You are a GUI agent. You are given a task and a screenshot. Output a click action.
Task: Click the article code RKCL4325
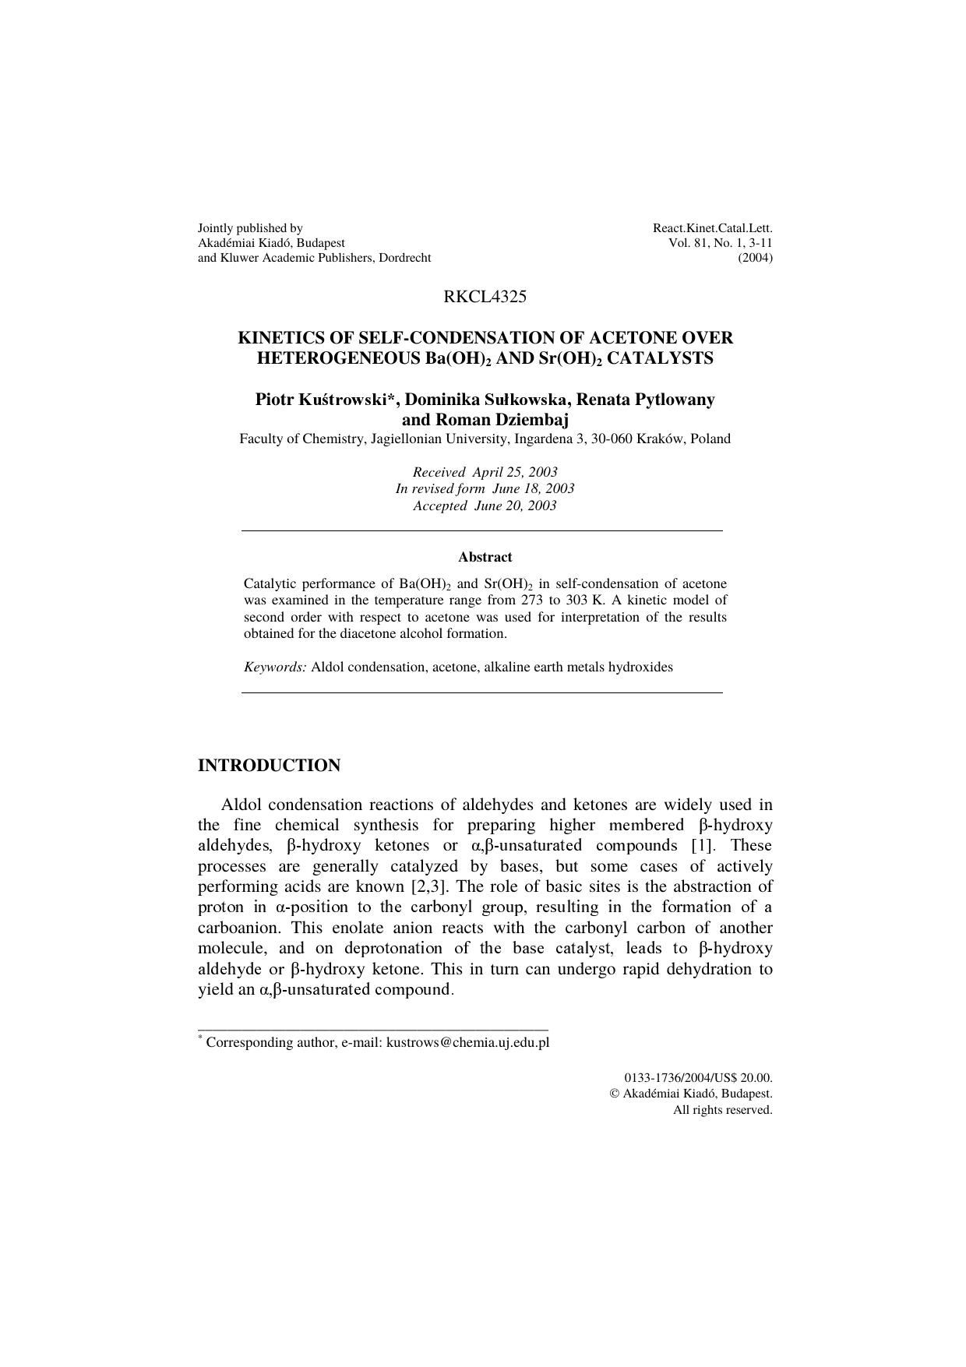pyautogui.click(x=485, y=297)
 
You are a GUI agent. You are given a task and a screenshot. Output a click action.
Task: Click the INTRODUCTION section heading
pyautogui.click(x=269, y=766)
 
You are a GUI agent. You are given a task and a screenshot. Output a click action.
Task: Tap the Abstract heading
pyautogui.click(x=485, y=557)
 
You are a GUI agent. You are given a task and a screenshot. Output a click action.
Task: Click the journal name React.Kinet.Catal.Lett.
pyautogui.click(x=712, y=228)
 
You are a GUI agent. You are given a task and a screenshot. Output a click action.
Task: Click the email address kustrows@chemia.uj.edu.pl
pyautogui.click(x=467, y=1042)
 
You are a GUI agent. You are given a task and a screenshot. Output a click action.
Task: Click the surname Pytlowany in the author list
pyautogui.click(x=675, y=400)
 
